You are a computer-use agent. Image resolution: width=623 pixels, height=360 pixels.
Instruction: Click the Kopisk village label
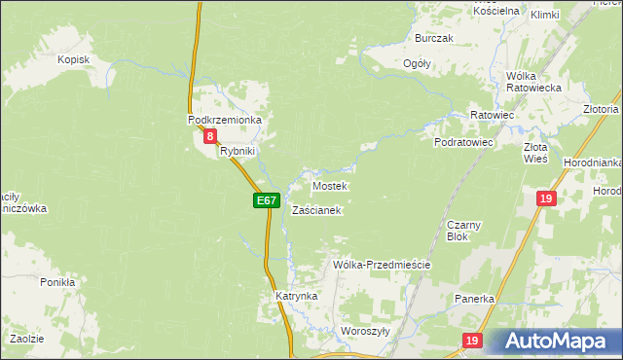click(x=73, y=60)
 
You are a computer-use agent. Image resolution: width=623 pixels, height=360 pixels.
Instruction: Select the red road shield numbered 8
click(x=210, y=137)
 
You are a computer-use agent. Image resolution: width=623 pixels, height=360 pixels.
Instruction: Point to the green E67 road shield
click(x=267, y=200)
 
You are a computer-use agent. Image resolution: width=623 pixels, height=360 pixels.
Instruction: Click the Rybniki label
click(x=237, y=151)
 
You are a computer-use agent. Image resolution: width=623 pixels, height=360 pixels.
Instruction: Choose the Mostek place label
click(x=330, y=185)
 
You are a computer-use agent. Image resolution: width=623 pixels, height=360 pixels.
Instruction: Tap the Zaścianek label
click(x=316, y=210)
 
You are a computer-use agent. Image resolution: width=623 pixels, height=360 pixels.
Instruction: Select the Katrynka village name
click(x=296, y=295)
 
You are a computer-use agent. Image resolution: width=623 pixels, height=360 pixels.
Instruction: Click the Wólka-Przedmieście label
click(x=382, y=264)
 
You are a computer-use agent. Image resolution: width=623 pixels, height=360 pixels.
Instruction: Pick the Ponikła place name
click(x=57, y=282)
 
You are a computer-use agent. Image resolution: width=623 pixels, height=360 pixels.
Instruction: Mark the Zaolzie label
click(x=26, y=338)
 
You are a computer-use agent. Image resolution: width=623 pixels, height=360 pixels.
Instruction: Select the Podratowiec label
click(x=464, y=142)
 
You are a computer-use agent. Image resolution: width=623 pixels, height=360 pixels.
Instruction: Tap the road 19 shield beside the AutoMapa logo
click(x=472, y=341)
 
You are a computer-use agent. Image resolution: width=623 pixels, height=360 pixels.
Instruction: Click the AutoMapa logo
click(x=554, y=342)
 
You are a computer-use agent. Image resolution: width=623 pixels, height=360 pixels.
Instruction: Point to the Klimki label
click(x=545, y=15)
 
